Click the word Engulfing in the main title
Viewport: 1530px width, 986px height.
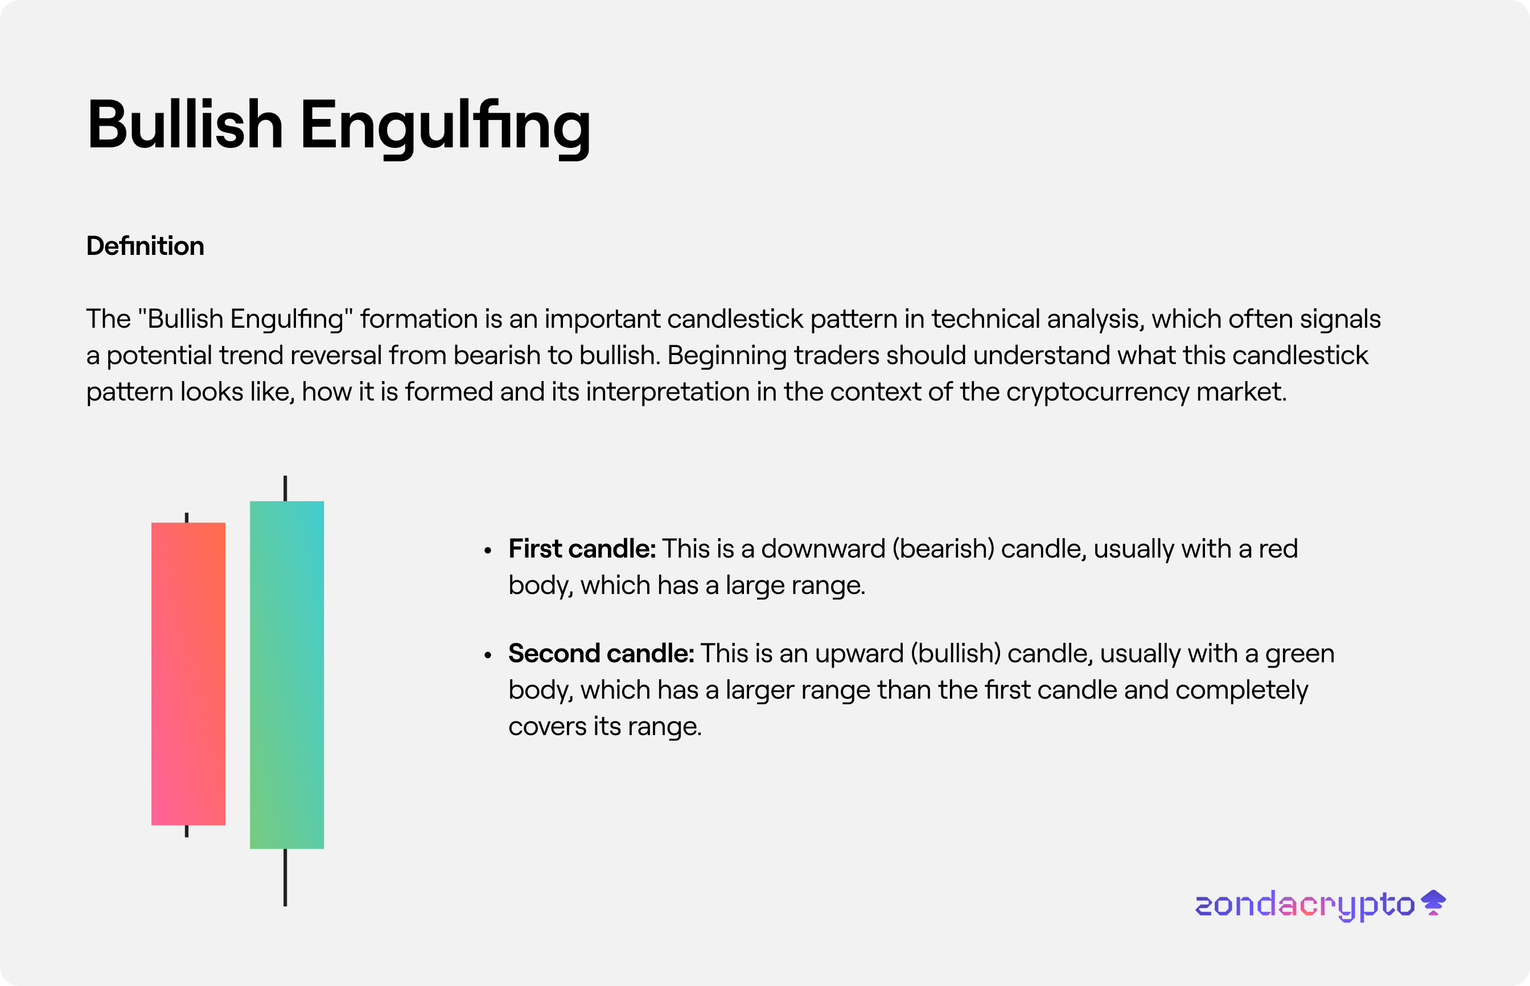pyautogui.click(x=445, y=129)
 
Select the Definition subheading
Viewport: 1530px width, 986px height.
pyautogui.click(x=145, y=246)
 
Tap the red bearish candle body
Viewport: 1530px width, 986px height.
pyautogui.click(x=188, y=674)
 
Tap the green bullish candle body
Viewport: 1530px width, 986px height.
pyautogui.click(x=287, y=675)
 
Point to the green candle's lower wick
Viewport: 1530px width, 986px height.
pyautogui.click(x=285, y=877)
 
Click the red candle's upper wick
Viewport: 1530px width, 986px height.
pyautogui.click(x=186, y=517)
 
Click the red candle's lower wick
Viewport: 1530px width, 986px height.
pyautogui.click(x=186, y=831)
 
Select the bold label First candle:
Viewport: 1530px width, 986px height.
pyautogui.click(x=582, y=548)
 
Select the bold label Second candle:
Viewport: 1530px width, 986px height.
pyautogui.click(x=602, y=654)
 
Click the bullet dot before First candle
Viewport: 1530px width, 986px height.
pyautogui.click(x=488, y=550)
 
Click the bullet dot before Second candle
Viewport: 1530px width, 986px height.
pyautogui.click(x=488, y=655)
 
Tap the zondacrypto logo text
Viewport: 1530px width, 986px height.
pyautogui.click(x=1305, y=905)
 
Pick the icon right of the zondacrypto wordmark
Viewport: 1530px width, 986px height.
pyautogui.click(x=1433, y=903)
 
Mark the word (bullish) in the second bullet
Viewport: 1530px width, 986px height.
pyautogui.click(x=956, y=654)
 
